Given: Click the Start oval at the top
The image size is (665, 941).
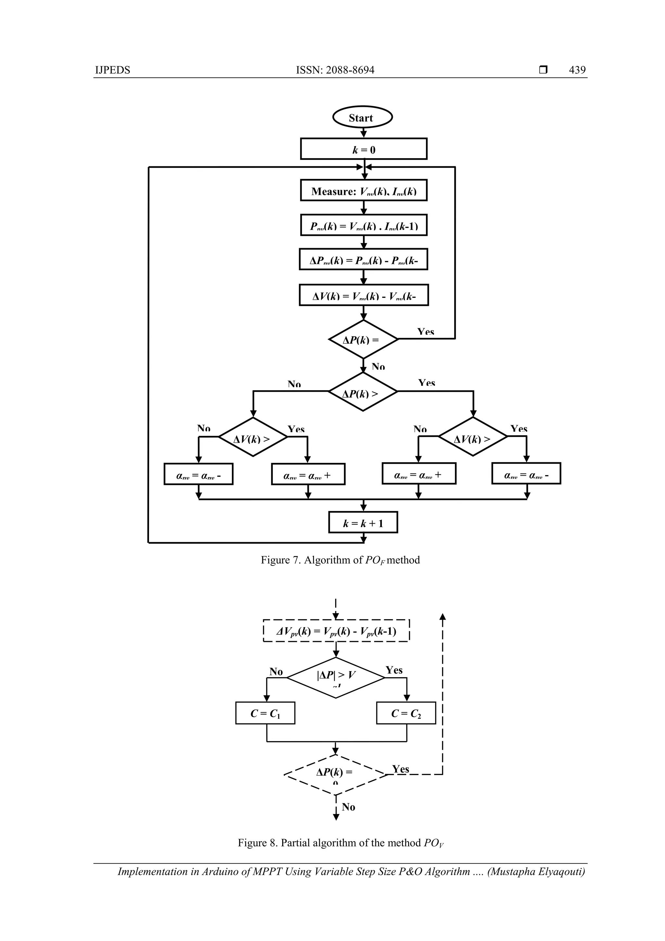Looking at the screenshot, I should (362, 118).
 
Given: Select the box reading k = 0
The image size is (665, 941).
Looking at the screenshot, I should (363, 149).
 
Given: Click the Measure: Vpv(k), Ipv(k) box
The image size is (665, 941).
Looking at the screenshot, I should (363, 191).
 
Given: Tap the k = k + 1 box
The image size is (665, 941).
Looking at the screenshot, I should (363, 523).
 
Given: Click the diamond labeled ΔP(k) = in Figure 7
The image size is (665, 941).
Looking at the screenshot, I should (363, 339).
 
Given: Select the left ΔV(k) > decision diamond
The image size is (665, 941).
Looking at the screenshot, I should (253, 437).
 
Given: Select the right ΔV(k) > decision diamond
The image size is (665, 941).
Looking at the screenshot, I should (473, 437).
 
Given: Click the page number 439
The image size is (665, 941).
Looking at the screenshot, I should (577, 70).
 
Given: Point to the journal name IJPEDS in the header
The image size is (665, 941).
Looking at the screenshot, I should (112, 70).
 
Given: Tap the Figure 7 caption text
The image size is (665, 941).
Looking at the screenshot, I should (340, 560).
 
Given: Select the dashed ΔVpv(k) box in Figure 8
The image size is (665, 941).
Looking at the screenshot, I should (336, 631).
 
